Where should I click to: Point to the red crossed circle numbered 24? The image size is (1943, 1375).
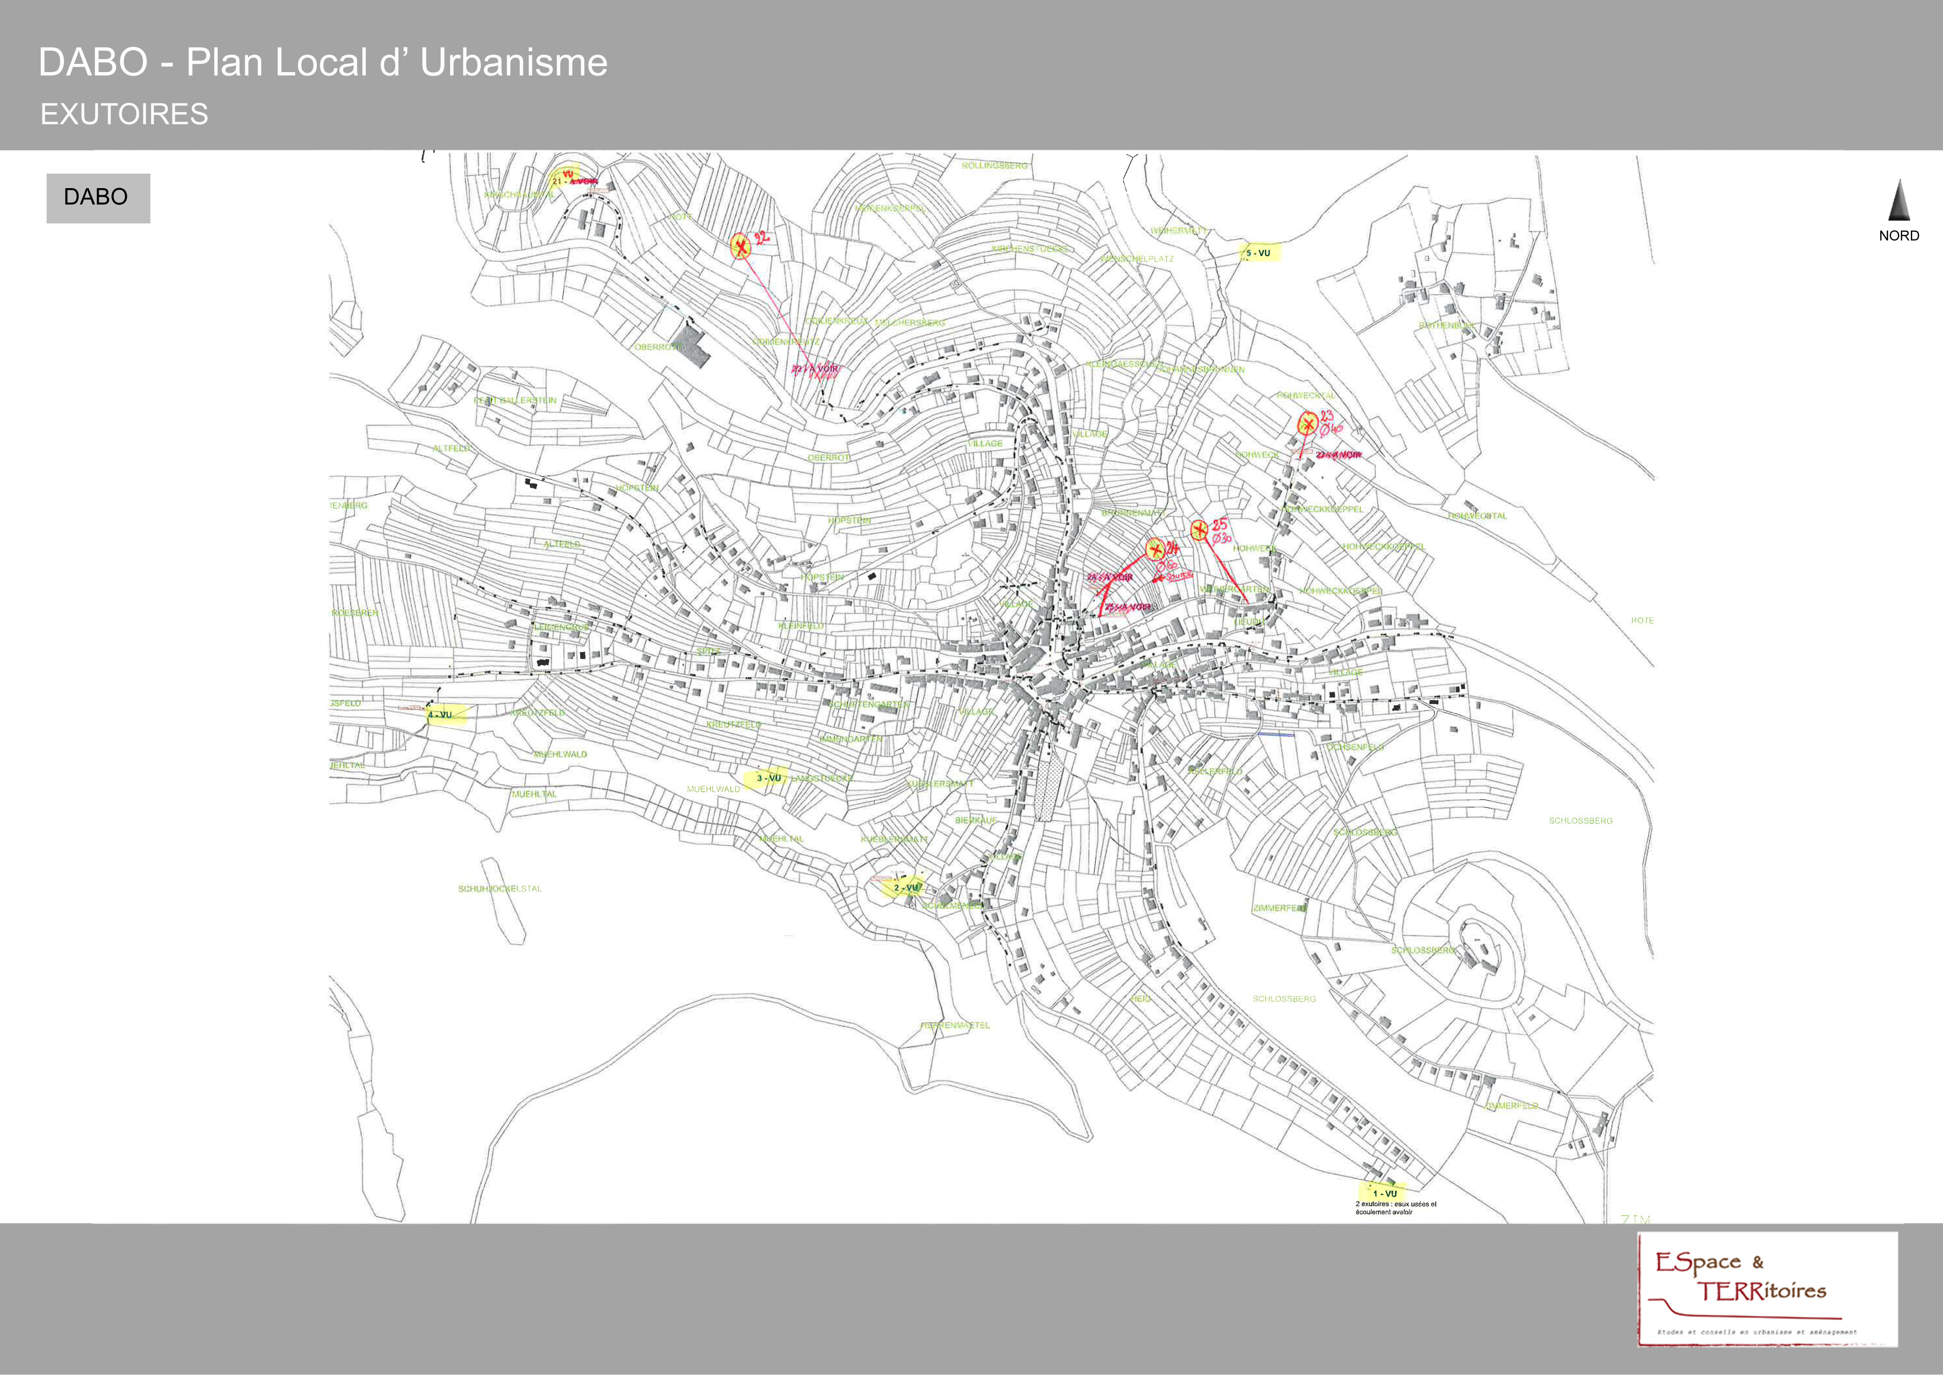(1153, 549)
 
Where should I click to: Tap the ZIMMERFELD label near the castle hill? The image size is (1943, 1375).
(1280, 908)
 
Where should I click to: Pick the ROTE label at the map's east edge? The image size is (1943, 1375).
(1642, 620)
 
